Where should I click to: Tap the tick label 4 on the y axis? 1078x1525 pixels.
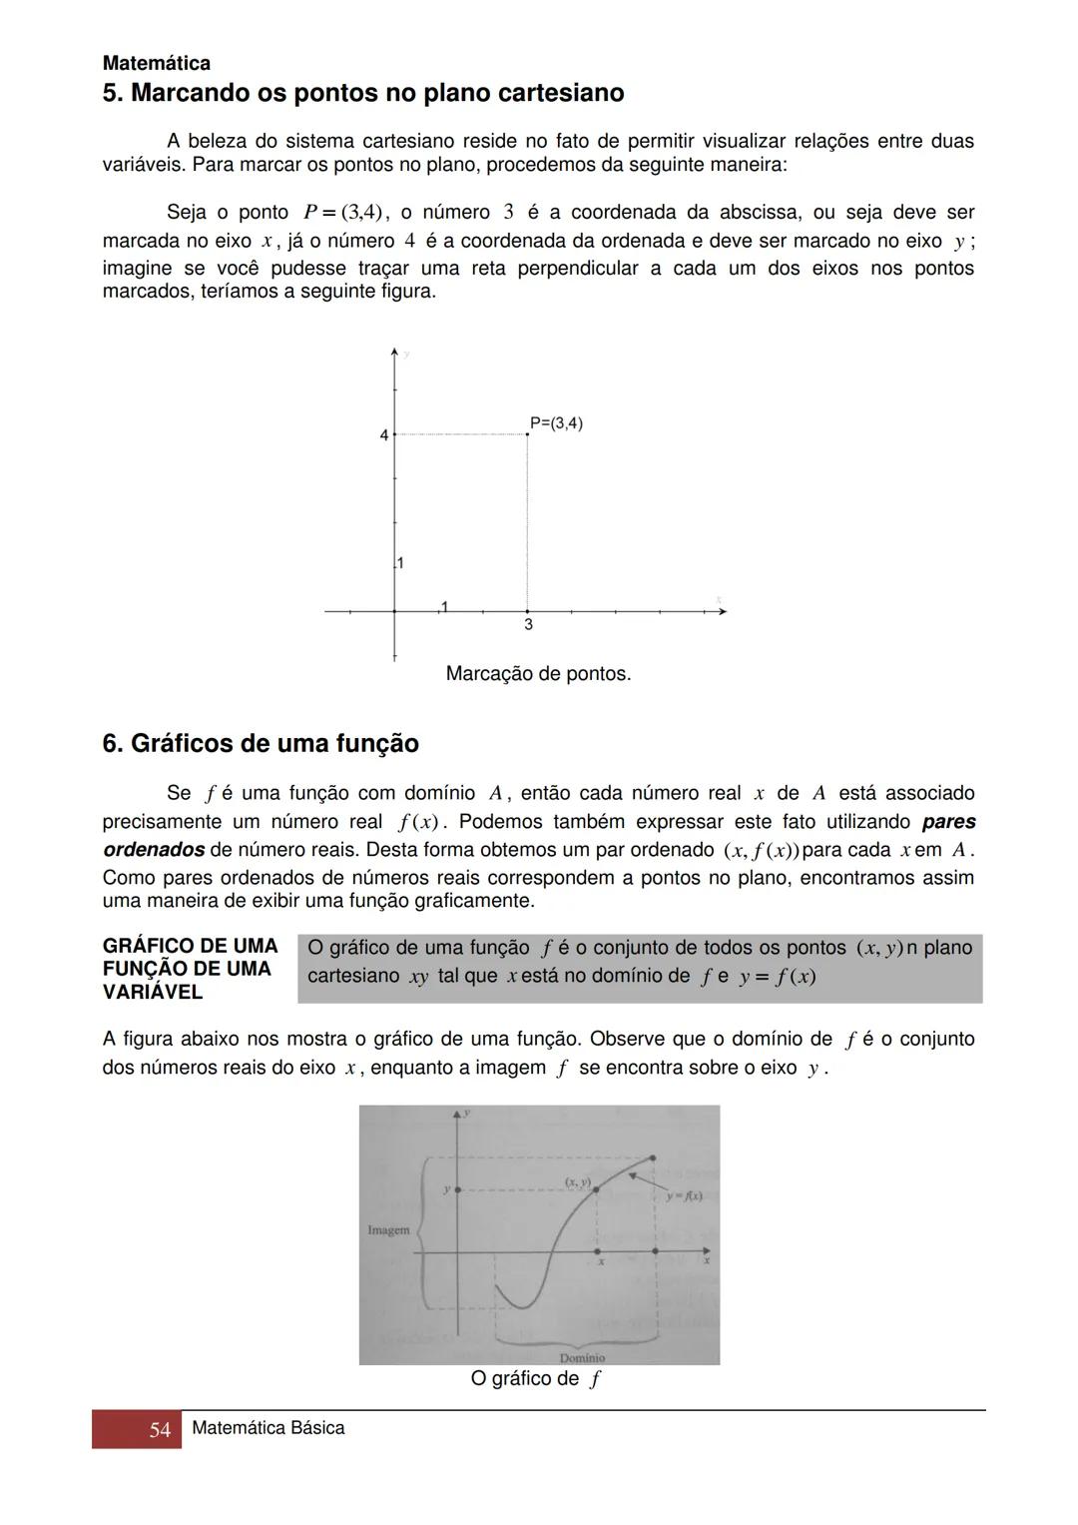383,435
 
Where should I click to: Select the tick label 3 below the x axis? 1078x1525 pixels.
528,625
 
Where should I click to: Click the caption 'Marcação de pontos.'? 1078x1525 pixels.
538,674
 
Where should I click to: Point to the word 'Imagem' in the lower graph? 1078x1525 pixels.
388,1229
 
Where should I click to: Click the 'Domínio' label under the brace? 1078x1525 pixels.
582,1357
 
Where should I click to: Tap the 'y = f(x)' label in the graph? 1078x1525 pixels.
684,1196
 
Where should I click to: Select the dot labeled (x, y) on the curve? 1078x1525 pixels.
596,1189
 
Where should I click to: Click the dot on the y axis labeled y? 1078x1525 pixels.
458,1189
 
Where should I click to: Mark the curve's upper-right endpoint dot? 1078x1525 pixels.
653,1158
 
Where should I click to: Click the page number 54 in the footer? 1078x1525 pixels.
160,1430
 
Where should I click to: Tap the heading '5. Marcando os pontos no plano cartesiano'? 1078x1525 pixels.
363,93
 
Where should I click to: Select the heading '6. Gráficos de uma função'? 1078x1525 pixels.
261,744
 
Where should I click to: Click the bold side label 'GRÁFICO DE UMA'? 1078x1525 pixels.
190,946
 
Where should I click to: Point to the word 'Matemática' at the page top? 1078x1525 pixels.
157,63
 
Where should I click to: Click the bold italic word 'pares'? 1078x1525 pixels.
948,822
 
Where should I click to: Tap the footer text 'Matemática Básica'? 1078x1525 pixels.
268,1428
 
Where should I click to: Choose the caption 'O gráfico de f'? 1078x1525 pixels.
536,1379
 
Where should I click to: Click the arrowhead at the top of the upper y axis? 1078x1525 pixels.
395,352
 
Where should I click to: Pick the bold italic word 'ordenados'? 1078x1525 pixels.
154,850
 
